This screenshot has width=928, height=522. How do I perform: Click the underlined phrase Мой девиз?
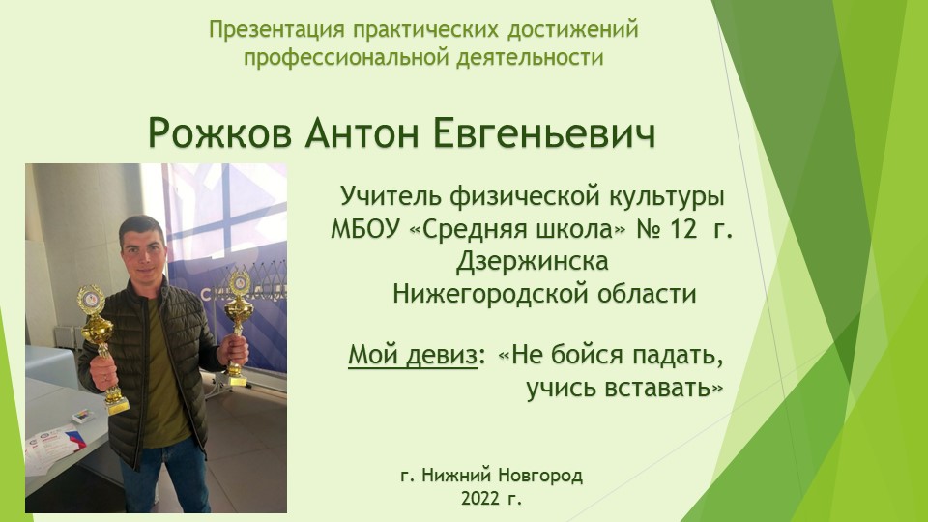coord(413,355)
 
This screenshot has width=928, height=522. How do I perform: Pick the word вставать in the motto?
coord(670,389)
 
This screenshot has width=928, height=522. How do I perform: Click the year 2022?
coord(480,500)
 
